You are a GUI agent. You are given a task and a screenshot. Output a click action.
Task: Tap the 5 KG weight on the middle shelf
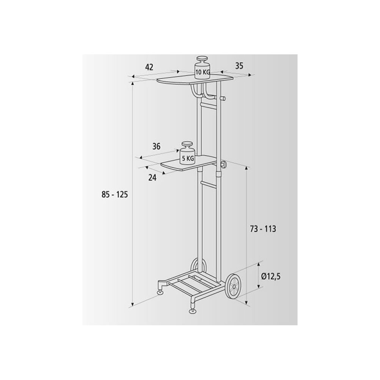tap(187, 154)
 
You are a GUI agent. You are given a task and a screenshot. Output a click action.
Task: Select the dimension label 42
tap(149, 67)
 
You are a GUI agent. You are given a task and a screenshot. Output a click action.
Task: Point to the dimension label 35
tap(239, 65)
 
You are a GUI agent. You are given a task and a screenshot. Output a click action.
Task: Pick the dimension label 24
tap(152, 178)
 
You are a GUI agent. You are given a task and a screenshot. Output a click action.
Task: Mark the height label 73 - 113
tap(263, 229)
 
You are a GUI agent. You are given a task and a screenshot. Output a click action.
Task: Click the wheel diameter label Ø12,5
tap(271, 277)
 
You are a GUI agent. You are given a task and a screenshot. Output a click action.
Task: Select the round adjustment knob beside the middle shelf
tap(223, 165)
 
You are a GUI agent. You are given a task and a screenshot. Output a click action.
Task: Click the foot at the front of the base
tap(193, 311)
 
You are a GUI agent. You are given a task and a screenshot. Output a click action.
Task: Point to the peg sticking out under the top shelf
tap(223, 99)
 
